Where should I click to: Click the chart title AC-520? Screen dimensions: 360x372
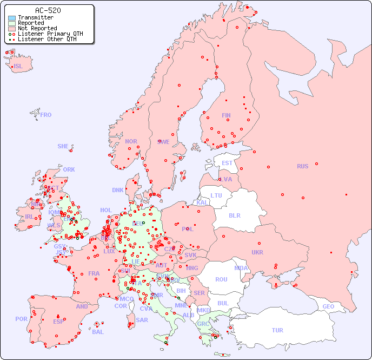click(48, 10)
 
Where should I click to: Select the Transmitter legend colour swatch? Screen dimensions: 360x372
click(12, 18)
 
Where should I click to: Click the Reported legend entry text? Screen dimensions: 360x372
click(31, 23)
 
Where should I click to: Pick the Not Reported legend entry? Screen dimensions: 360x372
click(37, 29)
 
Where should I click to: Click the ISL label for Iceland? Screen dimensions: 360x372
click(18, 67)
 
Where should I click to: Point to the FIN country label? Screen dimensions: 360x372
click(226, 115)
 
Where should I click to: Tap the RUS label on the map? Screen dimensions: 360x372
click(302, 166)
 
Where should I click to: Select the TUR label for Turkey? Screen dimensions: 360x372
click(277, 330)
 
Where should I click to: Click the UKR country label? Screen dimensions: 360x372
click(257, 252)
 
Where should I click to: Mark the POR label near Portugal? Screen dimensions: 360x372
click(21, 319)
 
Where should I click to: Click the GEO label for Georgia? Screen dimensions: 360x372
click(328, 306)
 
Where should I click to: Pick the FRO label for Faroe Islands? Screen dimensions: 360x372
click(46, 115)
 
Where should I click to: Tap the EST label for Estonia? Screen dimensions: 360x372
click(227, 163)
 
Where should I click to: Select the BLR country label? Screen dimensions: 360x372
click(234, 215)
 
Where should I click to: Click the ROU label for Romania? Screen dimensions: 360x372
click(221, 279)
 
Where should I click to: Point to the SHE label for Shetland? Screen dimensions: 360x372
click(63, 146)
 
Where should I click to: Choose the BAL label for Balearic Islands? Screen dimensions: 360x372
click(98, 332)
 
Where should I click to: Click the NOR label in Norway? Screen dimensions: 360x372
click(131, 141)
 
